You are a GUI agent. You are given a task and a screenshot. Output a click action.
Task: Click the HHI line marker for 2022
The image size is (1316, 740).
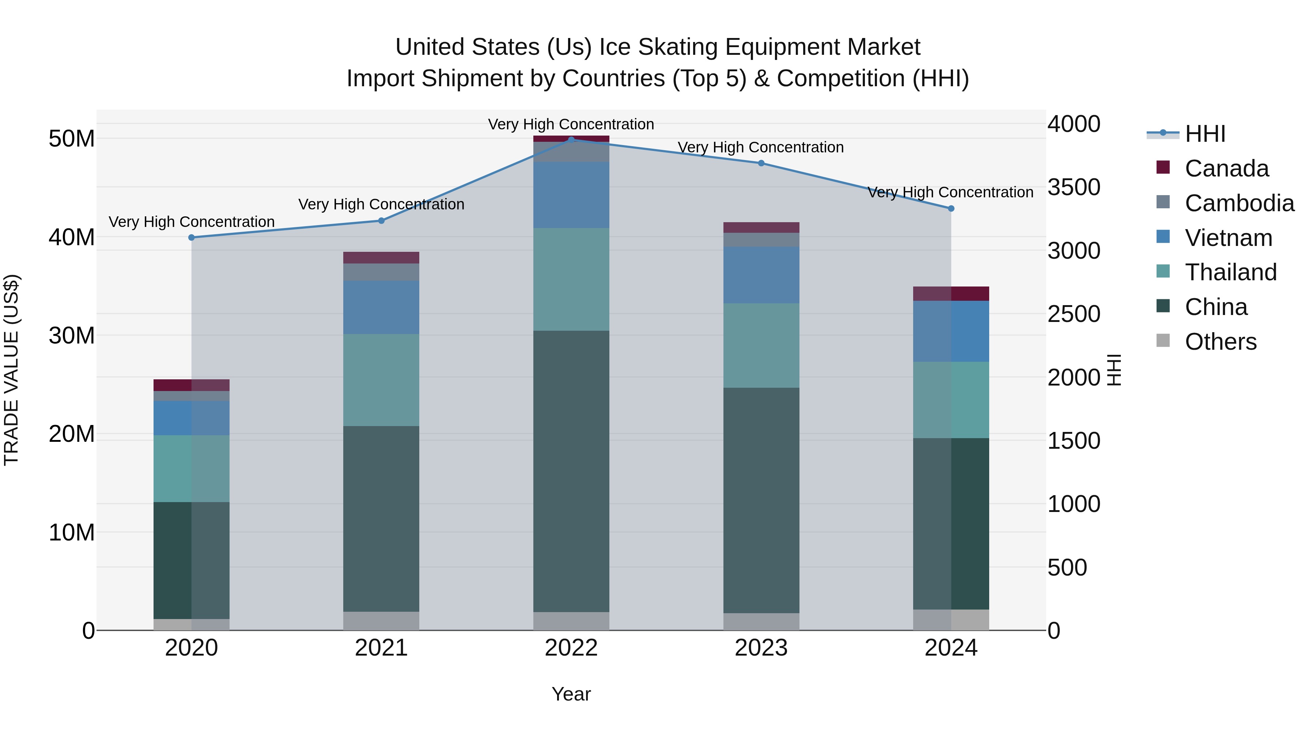[571, 140]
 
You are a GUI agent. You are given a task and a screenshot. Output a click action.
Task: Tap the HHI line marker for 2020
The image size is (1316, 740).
[192, 238]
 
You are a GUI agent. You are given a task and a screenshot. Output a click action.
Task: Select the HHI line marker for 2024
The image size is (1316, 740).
[951, 208]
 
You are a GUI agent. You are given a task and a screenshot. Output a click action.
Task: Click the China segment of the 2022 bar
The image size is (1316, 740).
[571, 471]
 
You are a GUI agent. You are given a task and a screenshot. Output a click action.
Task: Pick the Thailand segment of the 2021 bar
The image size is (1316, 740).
[381, 380]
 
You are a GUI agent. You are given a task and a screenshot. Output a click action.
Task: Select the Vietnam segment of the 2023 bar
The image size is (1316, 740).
[761, 275]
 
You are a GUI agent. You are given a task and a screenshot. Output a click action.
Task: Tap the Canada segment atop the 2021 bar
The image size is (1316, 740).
[381, 257]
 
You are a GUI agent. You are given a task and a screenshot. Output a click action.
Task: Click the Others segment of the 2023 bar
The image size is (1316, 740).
[761, 622]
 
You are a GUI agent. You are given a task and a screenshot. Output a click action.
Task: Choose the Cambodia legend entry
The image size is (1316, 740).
[1239, 203]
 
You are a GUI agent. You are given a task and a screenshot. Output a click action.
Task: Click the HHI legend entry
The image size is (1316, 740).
[1205, 134]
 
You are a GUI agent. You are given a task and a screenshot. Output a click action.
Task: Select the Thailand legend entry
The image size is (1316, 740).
[1230, 272]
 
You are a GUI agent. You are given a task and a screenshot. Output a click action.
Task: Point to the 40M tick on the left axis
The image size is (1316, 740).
[72, 238]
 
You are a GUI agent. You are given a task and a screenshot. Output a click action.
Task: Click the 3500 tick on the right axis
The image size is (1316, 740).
[1073, 187]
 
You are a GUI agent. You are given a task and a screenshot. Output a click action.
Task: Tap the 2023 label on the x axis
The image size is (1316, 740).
[761, 648]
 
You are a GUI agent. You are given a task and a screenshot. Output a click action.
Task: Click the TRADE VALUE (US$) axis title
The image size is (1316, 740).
[11, 370]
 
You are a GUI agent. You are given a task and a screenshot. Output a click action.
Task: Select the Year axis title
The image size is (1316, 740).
[571, 694]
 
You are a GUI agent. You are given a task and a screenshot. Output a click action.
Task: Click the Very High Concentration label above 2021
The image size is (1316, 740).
[381, 204]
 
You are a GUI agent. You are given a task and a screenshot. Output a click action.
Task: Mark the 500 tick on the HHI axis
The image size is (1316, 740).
[1067, 568]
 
